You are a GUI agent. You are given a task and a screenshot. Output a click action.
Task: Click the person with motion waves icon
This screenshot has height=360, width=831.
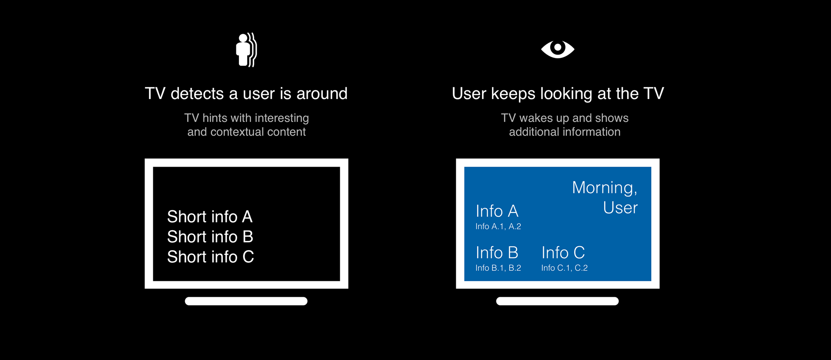[246, 50]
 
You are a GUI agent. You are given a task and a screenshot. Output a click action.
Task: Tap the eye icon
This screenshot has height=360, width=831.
[557, 49]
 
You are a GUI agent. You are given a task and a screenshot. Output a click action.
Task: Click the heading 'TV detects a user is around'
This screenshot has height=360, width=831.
[246, 93]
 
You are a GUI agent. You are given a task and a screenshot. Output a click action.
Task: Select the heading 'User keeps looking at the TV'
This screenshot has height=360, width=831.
[557, 94]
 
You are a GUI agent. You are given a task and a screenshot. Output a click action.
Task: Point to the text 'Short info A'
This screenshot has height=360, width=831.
[209, 216]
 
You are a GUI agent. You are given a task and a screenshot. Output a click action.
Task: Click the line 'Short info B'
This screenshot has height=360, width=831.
[210, 237]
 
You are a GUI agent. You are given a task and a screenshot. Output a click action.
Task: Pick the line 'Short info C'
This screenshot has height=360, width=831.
[210, 257]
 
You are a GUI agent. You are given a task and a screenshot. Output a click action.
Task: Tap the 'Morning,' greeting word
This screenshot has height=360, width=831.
[605, 188]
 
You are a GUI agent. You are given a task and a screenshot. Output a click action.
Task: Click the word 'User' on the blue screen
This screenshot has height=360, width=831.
[620, 208]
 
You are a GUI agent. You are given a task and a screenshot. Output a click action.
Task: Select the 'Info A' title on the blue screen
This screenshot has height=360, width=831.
[497, 211]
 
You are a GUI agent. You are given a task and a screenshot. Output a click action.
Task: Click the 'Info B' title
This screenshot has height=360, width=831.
[497, 253]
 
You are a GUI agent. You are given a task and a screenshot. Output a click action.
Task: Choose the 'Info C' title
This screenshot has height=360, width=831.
[563, 253]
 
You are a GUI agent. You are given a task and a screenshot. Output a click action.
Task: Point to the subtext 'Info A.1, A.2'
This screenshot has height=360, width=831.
[498, 226]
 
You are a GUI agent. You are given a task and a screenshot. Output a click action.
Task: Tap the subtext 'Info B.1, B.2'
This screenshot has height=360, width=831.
[498, 268]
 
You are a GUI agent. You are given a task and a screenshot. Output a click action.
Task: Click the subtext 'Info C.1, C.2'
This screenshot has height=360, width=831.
[564, 268]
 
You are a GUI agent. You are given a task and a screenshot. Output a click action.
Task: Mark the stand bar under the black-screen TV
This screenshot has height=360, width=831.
[246, 301]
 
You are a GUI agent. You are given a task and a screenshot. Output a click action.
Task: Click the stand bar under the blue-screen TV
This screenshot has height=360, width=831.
[557, 301]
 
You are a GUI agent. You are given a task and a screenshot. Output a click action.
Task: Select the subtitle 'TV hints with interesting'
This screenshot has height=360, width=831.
[247, 118]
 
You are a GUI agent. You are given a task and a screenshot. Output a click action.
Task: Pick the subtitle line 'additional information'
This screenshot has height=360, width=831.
[565, 132]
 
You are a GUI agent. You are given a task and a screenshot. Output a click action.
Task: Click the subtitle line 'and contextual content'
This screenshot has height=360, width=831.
[247, 132]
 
